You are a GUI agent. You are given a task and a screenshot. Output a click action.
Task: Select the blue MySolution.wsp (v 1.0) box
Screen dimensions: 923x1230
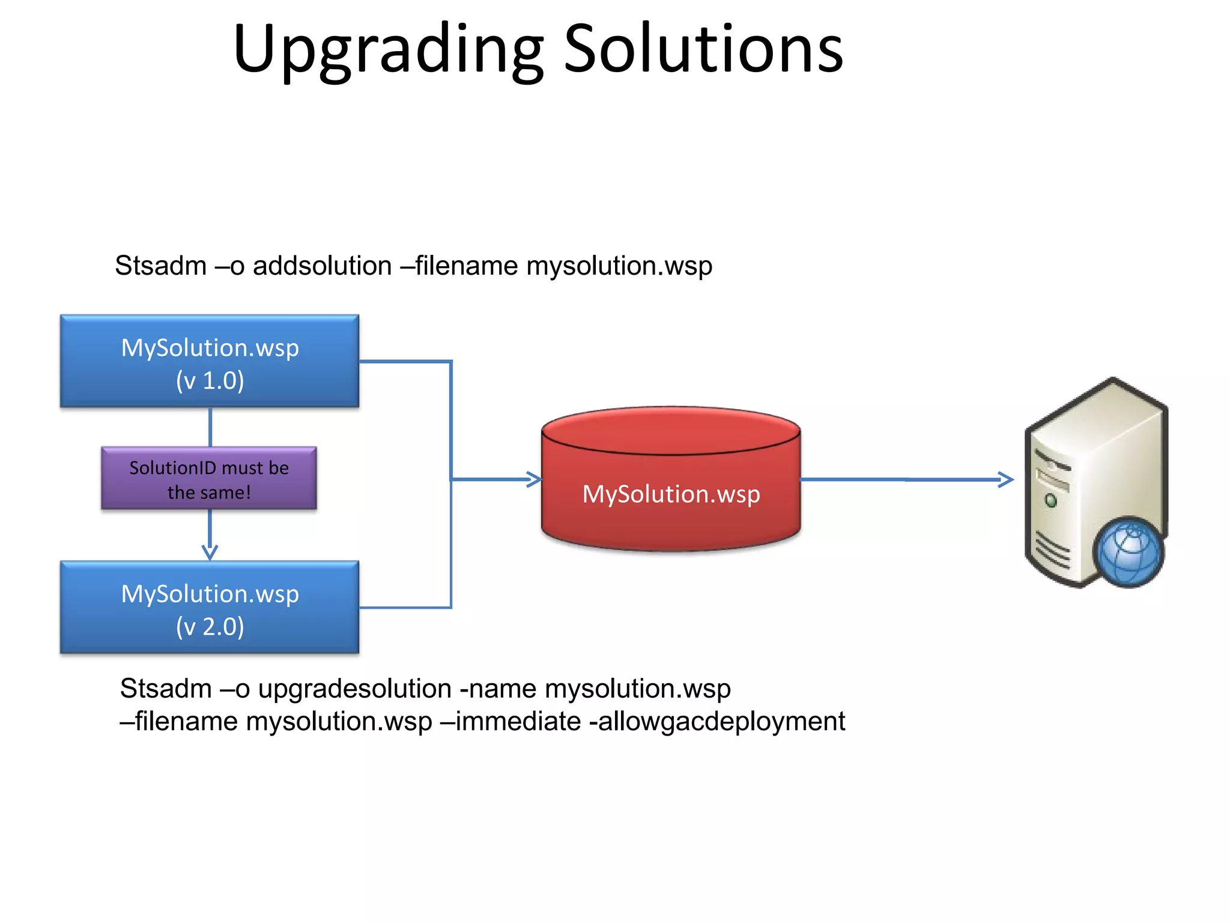tap(210, 361)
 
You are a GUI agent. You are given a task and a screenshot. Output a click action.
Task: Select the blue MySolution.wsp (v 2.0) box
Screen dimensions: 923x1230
tap(210, 608)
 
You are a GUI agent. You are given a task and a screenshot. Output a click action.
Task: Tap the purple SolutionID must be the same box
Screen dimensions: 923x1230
tap(209, 479)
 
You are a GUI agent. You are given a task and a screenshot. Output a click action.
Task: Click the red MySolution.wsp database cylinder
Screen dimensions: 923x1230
tap(671, 481)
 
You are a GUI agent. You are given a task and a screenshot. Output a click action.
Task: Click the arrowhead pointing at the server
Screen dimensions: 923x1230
tap(1006, 479)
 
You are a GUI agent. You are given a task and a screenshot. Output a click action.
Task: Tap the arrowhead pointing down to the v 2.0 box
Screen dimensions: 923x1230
tap(210, 552)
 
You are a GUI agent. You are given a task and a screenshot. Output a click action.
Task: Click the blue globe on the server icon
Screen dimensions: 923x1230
tap(1129, 553)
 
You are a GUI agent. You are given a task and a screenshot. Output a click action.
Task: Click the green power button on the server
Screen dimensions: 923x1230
tap(1051, 500)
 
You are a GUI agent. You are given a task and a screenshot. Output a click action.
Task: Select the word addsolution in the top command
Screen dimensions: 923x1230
tap(322, 266)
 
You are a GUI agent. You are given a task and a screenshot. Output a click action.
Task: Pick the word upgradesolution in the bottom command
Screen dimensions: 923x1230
tap(354, 689)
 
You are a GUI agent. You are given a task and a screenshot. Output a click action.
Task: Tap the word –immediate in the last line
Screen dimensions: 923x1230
tap(510, 721)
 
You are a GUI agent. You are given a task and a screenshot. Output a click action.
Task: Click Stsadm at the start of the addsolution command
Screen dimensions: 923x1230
tap(160, 266)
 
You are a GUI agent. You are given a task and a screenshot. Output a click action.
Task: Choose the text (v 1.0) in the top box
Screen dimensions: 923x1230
tap(210, 380)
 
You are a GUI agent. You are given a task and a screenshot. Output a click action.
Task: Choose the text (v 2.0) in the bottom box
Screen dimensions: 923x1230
tap(210, 627)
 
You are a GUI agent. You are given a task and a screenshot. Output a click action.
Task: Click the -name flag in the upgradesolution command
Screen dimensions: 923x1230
tap(498, 689)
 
